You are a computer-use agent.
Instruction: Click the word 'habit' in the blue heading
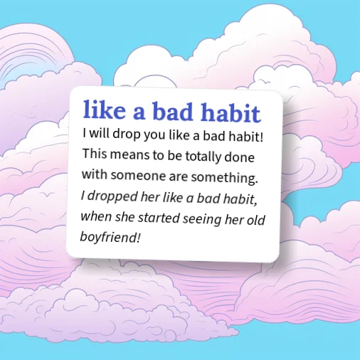tap(228, 112)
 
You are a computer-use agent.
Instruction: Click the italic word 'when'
tap(95, 216)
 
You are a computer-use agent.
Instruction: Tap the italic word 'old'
tap(255, 218)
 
